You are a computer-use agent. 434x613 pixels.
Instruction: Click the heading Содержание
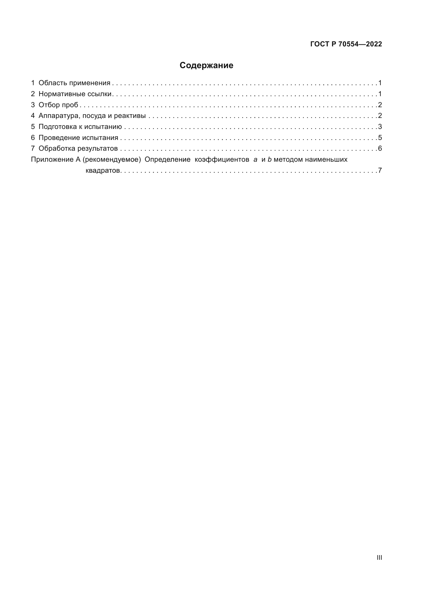[206, 66]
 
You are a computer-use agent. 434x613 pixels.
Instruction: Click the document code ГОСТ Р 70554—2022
[346, 44]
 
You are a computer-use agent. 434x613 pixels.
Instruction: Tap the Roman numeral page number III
[379, 557]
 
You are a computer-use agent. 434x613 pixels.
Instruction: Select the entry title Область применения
[74, 83]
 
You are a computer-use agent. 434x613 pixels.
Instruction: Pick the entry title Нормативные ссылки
[75, 94]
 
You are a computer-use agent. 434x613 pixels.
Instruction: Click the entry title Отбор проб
[58, 105]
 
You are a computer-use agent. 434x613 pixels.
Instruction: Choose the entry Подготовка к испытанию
[80, 127]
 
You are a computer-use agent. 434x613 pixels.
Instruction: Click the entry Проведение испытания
[78, 138]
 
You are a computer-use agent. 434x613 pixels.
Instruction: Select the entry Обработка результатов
[78, 148]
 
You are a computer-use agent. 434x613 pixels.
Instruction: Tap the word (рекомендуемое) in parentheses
[112, 160]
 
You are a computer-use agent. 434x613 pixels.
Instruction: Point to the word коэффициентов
[222, 160]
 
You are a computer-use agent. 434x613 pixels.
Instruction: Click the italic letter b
[269, 160]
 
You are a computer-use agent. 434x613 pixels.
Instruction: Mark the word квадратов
[103, 171]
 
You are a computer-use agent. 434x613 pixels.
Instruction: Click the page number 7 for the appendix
[380, 170]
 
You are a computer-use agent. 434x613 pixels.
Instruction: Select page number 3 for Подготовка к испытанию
[380, 127]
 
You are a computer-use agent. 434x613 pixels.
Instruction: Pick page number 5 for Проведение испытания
[380, 138]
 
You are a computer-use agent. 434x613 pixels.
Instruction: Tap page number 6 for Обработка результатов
[380, 148]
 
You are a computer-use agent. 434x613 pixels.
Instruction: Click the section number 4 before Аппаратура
[33, 116]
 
